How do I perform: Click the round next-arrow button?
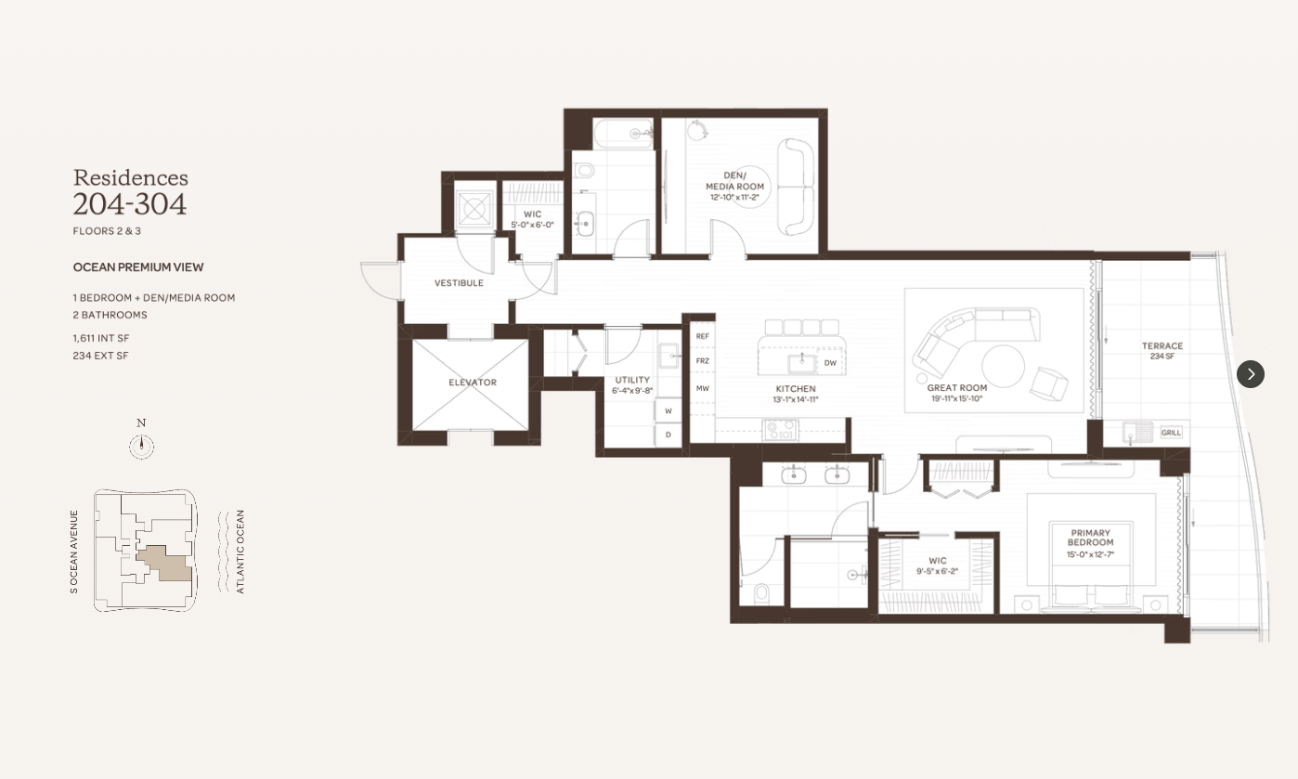click(x=1251, y=374)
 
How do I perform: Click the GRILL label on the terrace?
click(x=1171, y=433)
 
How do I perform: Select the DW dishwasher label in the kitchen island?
click(x=830, y=363)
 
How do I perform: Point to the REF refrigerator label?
click(x=702, y=336)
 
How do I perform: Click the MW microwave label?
click(x=702, y=388)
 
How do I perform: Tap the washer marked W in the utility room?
click(x=668, y=410)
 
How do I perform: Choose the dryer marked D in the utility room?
click(x=668, y=435)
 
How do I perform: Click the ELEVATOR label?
click(x=473, y=383)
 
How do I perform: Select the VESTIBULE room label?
click(x=459, y=283)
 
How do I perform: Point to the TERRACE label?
click(x=1162, y=346)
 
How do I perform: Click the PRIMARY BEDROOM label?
click(x=1091, y=538)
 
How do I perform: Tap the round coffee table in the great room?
click(x=1003, y=366)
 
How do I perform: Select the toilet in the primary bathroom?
click(x=762, y=593)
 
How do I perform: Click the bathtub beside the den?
click(x=624, y=134)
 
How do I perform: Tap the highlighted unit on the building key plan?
click(x=165, y=563)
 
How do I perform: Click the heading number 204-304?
click(x=130, y=204)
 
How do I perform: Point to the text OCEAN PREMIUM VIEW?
click(x=138, y=267)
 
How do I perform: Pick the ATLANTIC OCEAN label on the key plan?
click(x=240, y=552)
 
